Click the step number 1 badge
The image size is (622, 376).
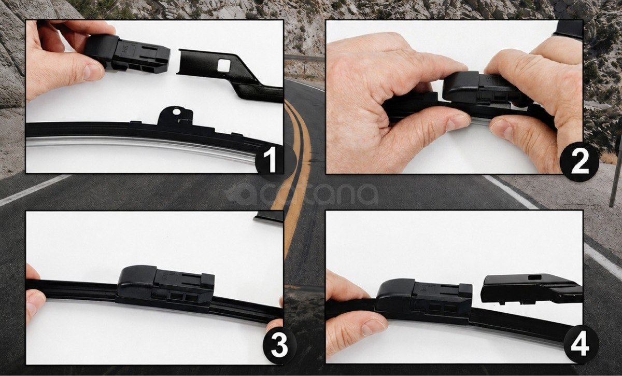coord(269,160)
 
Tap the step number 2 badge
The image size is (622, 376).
coord(579,162)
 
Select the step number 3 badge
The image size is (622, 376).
coord(279,346)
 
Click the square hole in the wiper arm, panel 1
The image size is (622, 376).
coord(224,65)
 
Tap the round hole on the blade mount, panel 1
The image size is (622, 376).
coord(176,112)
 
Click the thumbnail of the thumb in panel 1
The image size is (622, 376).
coord(93,72)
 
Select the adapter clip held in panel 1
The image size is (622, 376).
coord(127,53)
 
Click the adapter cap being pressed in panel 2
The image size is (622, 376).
coord(483,88)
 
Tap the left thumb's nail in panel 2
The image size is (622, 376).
coord(458,123)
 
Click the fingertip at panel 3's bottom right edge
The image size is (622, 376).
coord(275,325)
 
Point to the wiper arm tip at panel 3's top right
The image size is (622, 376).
coord(268,216)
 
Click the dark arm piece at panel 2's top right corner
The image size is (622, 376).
coord(568,29)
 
